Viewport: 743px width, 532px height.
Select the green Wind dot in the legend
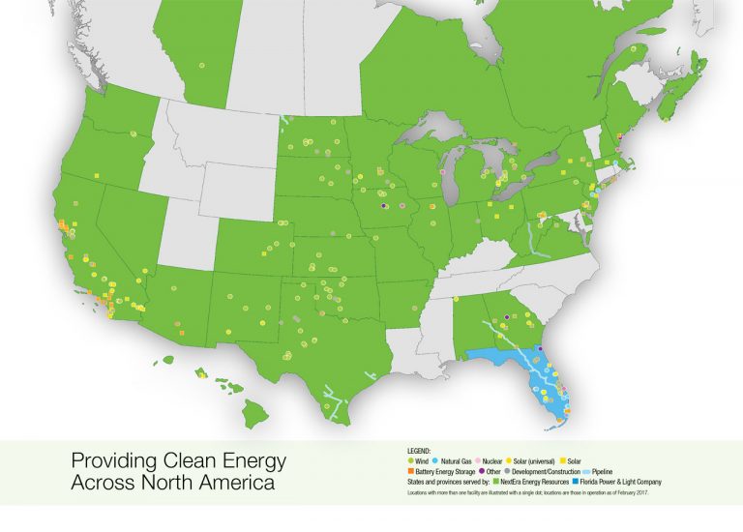click(x=410, y=459)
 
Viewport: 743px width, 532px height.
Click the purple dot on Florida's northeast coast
click(x=541, y=349)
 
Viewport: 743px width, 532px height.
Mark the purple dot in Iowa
click(x=384, y=206)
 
